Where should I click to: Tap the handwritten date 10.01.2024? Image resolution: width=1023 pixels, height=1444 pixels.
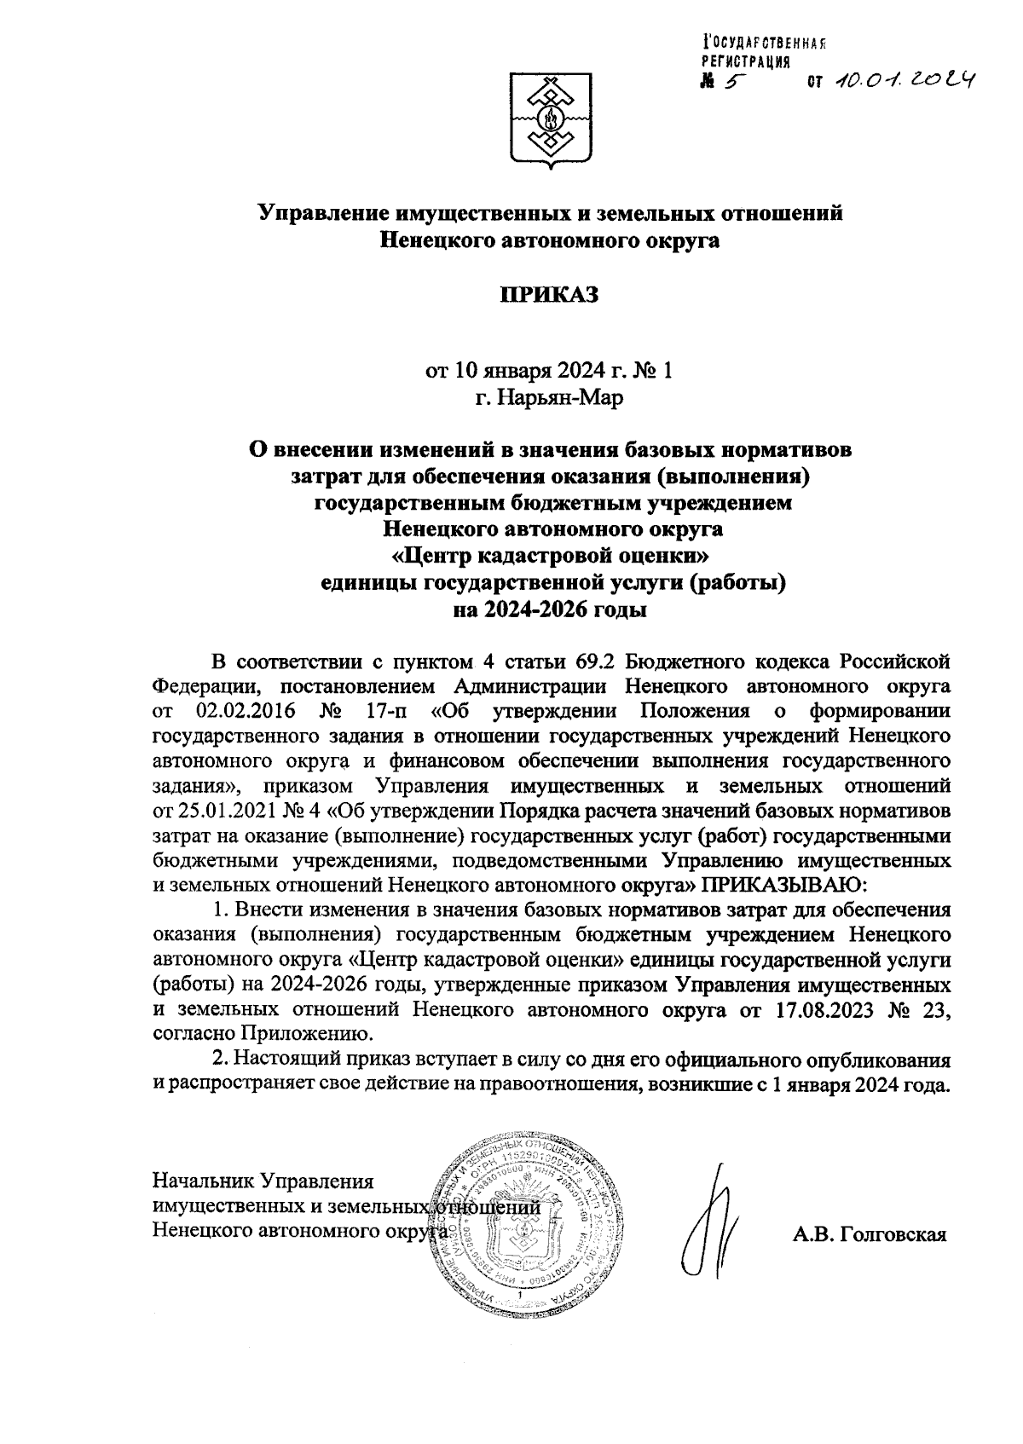[904, 79]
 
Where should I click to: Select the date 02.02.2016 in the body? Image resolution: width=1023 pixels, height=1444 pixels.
[242, 711]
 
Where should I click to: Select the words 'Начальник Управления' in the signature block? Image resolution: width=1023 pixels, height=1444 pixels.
[263, 1181]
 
